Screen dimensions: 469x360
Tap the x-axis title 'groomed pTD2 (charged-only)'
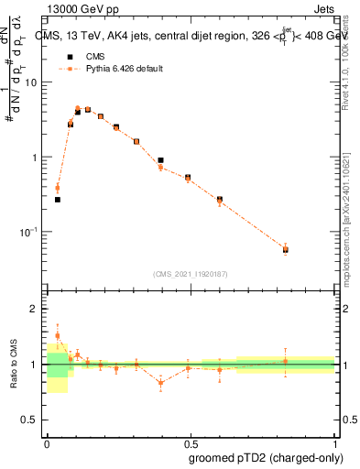point(267,458)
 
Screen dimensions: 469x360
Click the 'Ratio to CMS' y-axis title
point(13,365)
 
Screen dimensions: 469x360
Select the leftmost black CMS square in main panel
point(57,199)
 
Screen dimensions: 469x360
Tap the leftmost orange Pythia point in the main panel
point(57,189)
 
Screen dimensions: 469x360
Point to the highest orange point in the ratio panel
point(57,335)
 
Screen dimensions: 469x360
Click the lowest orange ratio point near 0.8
point(160,383)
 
